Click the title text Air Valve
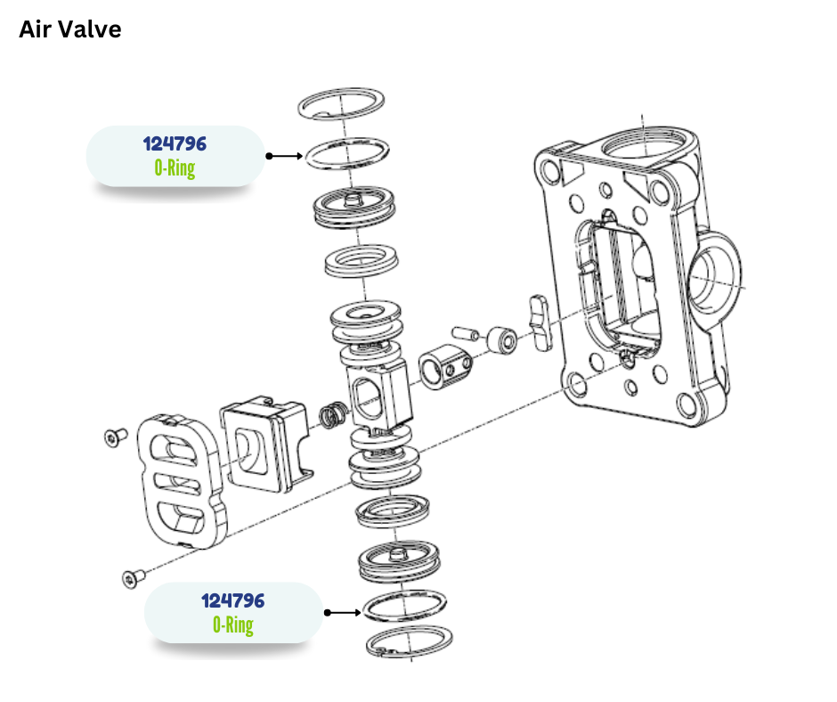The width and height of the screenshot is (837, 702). click(70, 29)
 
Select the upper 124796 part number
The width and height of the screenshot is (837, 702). click(175, 143)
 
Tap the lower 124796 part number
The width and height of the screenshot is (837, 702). click(233, 600)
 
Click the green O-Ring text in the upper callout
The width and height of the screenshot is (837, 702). click(175, 167)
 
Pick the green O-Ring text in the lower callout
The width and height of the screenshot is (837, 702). click(233, 624)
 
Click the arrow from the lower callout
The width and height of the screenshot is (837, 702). click(343, 613)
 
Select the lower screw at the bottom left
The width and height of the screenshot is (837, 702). click(132, 578)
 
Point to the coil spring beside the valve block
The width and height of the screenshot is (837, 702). click(333, 416)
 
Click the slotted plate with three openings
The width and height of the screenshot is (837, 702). click(182, 478)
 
